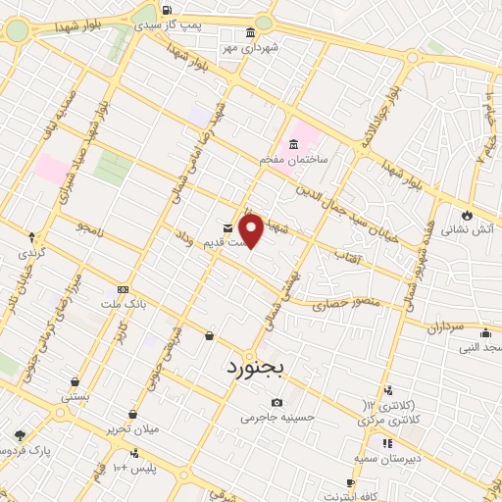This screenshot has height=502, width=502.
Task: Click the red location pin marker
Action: click(252, 229)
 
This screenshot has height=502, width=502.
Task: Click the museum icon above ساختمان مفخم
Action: click(295, 144)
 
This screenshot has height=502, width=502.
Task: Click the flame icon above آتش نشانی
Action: click(468, 215)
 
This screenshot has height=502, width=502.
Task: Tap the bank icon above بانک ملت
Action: click(123, 290)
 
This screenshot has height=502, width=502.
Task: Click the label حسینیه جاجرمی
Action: click(276, 417)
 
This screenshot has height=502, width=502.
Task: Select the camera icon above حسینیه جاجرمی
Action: click(277, 402)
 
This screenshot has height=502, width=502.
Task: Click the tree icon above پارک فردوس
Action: click(20, 435)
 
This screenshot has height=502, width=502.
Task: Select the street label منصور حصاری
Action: click(337, 306)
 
